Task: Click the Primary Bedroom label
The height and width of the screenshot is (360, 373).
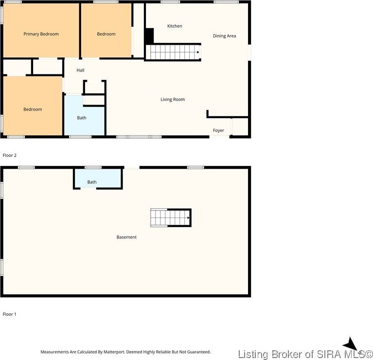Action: [x=41, y=34]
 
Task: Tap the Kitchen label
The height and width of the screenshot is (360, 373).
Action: [x=175, y=26]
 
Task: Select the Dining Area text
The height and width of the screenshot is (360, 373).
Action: [x=224, y=36]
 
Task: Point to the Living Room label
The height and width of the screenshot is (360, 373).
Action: [x=173, y=99]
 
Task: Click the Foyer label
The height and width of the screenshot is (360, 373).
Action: [x=218, y=130]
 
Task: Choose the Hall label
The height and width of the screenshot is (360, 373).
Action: [x=80, y=70]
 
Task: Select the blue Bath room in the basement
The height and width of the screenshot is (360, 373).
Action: [x=98, y=179]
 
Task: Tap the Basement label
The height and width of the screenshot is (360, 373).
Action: [x=126, y=237]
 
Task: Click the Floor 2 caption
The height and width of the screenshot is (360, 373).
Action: [x=10, y=155]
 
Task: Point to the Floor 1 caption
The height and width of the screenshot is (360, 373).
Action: [x=10, y=314]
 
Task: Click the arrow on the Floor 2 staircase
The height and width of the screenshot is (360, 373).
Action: [x=198, y=52]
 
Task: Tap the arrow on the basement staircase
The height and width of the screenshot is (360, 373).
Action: [x=188, y=218]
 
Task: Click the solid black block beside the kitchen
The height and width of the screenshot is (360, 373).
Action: [x=149, y=36]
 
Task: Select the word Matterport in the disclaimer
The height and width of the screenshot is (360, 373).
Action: [x=114, y=352]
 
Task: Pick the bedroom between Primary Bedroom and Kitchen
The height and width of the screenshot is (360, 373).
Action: [x=106, y=31]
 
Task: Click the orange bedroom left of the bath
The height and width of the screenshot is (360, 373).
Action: [x=33, y=106]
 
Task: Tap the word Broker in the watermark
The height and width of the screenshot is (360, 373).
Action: [x=287, y=354]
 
